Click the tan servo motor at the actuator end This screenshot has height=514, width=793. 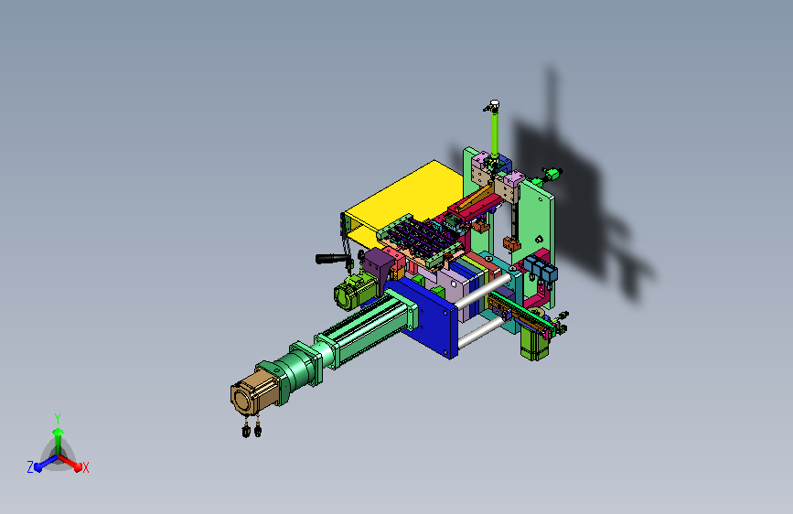(x=252, y=392)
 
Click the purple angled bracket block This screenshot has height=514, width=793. (x=379, y=264)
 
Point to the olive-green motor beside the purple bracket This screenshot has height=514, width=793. (x=354, y=293)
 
